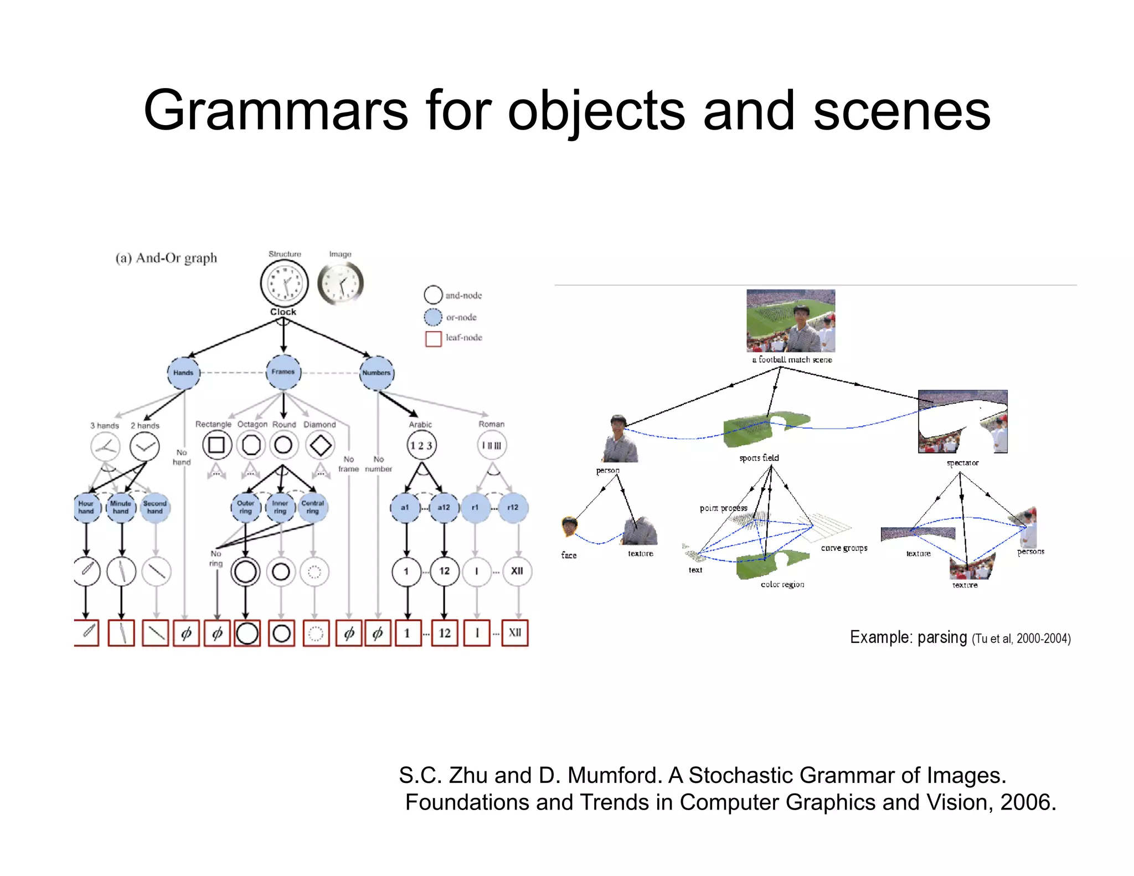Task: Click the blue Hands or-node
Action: (183, 373)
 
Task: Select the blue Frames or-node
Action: (283, 372)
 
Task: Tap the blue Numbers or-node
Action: (377, 373)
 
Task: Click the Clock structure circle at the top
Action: (284, 283)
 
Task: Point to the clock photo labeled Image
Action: (341, 283)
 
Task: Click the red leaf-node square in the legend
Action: (433, 338)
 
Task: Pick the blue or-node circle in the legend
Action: (433, 317)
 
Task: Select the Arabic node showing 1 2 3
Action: (421, 446)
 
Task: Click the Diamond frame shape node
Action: (320, 445)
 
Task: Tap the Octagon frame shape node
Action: (251, 445)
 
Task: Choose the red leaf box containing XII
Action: (515, 633)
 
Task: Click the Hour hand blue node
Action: (87, 507)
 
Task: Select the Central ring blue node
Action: (313, 507)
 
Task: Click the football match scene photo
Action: (790, 321)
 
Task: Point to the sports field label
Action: (759, 458)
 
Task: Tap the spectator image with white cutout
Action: (962, 421)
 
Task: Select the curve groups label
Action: (844, 548)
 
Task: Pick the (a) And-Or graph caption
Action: (166, 258)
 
